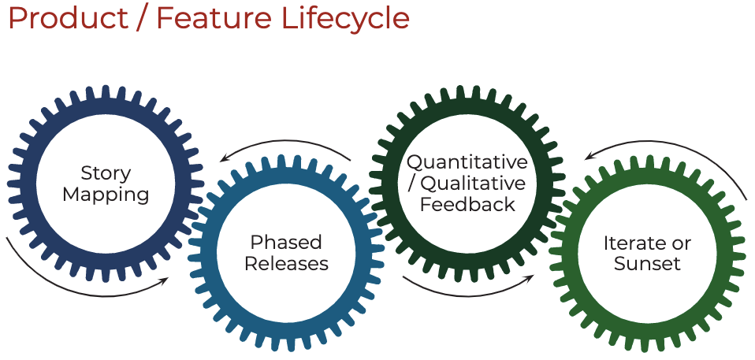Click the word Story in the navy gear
[x=106, y=173]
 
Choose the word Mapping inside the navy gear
[x=106, y=194]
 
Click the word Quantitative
[x=467, y=162]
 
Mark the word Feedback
[x=467, y=204]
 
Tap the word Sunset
[x=647, y=264]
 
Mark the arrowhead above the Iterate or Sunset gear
[x=589, y=156]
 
